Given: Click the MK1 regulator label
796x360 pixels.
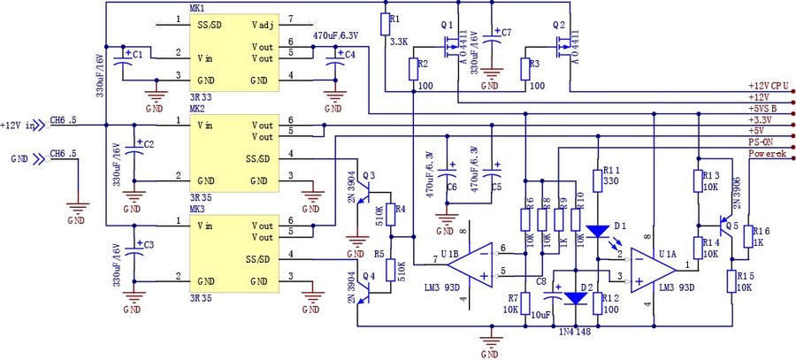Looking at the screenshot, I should [196, 8].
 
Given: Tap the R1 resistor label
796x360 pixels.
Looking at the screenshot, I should [395, 18].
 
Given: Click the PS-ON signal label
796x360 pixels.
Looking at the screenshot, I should [762, 140].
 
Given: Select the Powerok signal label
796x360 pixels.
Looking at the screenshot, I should [767, 151].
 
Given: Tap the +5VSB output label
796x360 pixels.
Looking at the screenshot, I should [763, 108].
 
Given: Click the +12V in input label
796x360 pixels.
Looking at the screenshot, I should [20, 124].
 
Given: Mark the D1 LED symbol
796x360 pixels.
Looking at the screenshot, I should [599, 231].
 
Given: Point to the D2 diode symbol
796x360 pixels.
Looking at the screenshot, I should [576, 297].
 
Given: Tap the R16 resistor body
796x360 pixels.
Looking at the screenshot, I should [748, 236].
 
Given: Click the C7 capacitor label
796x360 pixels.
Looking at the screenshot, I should [506, 32].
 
